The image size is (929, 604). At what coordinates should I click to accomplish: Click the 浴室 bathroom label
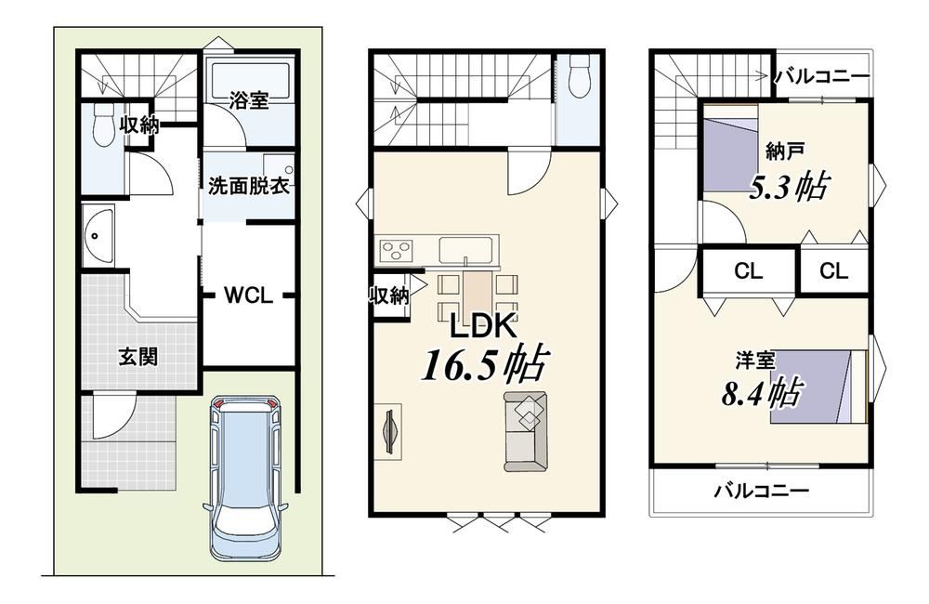[249, 100]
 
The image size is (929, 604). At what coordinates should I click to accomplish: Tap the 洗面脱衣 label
[249, 186]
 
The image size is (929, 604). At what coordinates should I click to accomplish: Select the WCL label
[248, 295]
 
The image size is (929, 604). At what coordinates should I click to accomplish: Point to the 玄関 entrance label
[138, 358]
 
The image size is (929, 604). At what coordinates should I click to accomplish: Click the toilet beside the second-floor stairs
[578, 75]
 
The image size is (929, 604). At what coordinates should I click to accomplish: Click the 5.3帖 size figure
[789, 186]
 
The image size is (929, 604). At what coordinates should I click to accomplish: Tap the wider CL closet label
[748, 271]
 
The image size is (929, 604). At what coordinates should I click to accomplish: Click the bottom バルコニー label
[761, 491]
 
